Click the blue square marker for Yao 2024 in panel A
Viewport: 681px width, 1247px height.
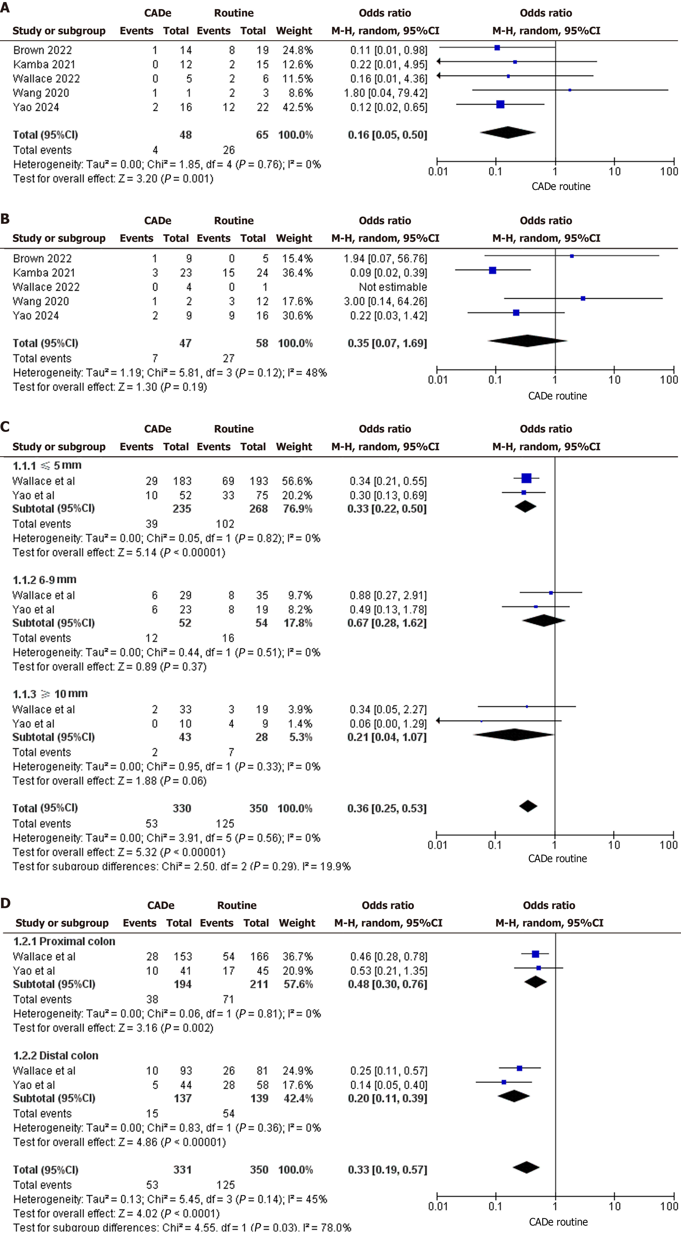pyautogui.click(x=501, y=104)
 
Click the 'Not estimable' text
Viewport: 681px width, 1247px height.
pyautogui.click(x=393, y=287)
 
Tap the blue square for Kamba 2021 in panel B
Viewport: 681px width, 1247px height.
pyautogui.click(x=492, y=270)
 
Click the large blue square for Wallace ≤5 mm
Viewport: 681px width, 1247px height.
pyautogui.click(x=526, y=478)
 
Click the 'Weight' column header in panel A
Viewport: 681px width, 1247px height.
pyautogui.click(x=294, y=31)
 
